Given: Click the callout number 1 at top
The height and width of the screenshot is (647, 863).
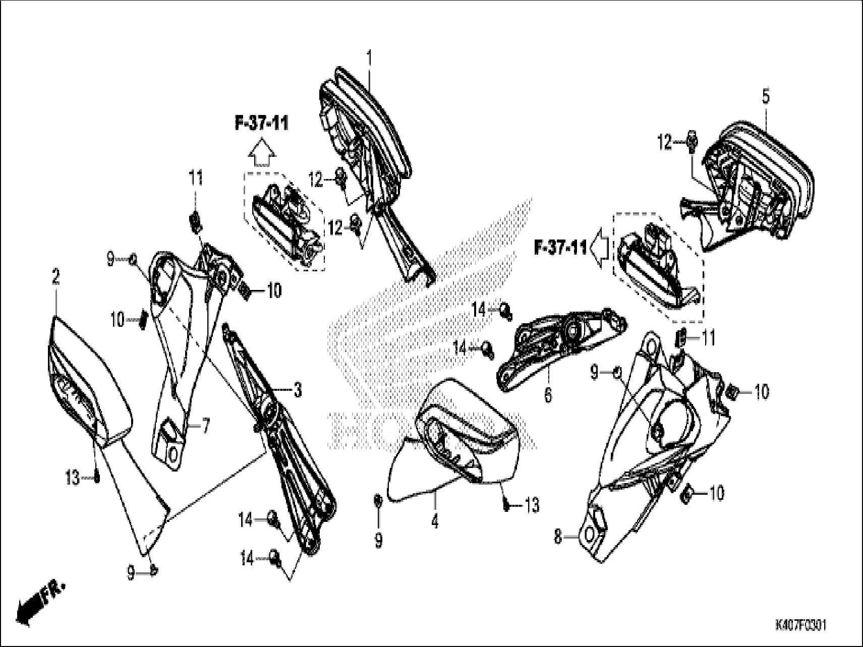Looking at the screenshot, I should (369, 60).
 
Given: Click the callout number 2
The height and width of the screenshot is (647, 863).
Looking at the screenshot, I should (55, 276).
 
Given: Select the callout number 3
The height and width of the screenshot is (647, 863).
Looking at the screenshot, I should (298, 389).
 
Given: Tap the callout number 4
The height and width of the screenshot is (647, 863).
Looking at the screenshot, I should (435, 521).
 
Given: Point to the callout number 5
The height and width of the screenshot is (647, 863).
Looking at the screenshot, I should (766, 96).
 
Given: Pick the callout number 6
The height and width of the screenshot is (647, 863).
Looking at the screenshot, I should (548, 394).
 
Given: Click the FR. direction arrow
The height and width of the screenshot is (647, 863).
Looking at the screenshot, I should (40, 600).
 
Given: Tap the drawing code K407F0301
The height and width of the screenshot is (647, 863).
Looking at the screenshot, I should (800, 625).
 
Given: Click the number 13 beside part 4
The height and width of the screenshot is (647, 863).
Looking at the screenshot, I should (532, 504).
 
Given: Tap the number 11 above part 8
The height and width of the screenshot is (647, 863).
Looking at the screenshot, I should (709, 338).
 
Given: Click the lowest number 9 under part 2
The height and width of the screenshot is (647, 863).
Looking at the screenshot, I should (131, 573).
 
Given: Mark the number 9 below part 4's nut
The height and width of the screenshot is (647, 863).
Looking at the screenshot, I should (378, 540).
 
